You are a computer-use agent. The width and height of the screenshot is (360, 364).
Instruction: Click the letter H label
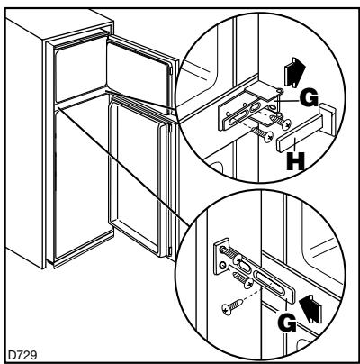point(295,161)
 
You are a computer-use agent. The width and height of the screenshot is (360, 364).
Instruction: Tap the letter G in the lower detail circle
point(287,323)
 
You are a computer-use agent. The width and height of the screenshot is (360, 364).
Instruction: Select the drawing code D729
point(22,355)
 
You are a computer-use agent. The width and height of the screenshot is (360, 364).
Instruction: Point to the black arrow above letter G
point(294,72)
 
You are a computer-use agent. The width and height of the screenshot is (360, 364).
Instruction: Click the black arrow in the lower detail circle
point(311,309)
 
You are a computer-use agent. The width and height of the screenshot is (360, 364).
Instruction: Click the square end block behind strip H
point(327,118)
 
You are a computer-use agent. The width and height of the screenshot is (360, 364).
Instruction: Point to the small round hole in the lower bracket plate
point(222,265)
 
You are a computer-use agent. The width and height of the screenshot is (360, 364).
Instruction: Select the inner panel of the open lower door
point(138,177)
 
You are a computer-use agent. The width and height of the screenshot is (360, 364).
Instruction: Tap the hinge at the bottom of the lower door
point(170,250)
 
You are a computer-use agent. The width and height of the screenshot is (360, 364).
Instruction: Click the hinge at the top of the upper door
point(171,70)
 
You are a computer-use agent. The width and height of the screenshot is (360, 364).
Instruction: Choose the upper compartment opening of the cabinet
point(80,68)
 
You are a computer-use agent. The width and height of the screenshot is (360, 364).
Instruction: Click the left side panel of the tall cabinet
point(25,142)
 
